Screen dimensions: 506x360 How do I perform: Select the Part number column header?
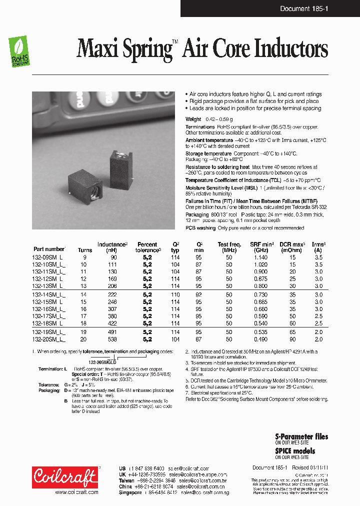point(49,248)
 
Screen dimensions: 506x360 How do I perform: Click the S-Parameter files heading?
point(301,436)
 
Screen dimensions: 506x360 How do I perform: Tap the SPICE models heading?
point(295,450)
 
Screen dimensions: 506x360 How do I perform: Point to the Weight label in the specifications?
point(193,119)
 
